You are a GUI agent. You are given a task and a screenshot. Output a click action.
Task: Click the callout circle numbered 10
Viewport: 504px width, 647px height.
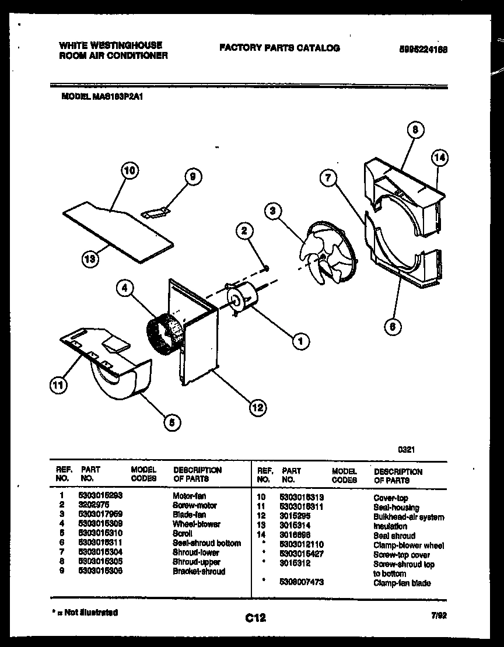pos(131,171)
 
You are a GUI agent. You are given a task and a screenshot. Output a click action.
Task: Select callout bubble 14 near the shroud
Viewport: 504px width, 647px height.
pos(440,158)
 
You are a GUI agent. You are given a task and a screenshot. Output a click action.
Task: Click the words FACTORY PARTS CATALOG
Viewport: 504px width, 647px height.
pos(279,48)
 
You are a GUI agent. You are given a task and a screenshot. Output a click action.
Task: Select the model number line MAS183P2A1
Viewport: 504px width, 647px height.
pos(102,99)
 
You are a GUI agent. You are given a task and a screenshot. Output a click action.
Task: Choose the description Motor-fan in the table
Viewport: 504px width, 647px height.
pos(189,496)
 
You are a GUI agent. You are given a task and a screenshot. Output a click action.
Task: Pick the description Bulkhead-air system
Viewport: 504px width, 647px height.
pos(408,517)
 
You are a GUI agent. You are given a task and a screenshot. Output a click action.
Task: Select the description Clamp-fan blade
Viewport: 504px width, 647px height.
pos(402,583)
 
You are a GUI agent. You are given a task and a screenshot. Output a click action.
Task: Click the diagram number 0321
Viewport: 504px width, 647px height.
pos(406,450)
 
